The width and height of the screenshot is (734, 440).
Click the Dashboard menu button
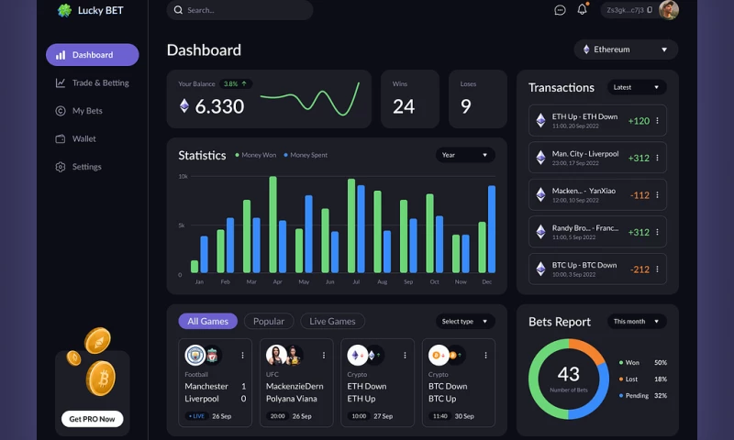92,55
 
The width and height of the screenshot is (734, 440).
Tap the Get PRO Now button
93,419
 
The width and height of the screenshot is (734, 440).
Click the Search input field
239,10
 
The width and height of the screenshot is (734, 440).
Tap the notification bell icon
582,10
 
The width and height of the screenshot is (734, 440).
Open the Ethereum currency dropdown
626,49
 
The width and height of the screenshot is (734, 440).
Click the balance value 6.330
219,106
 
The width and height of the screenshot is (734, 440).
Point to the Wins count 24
404,106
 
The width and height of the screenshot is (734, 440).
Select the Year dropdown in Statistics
465,155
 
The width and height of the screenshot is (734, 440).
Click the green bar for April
272,225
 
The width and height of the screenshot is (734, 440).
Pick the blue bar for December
492,229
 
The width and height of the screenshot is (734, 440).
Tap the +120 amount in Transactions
639,121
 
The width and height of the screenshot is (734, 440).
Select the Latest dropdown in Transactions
636,87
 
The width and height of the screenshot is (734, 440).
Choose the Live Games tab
332,322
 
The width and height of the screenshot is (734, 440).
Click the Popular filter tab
269,322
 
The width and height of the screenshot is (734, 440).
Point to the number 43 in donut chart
568,374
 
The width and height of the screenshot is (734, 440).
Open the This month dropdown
636,322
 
